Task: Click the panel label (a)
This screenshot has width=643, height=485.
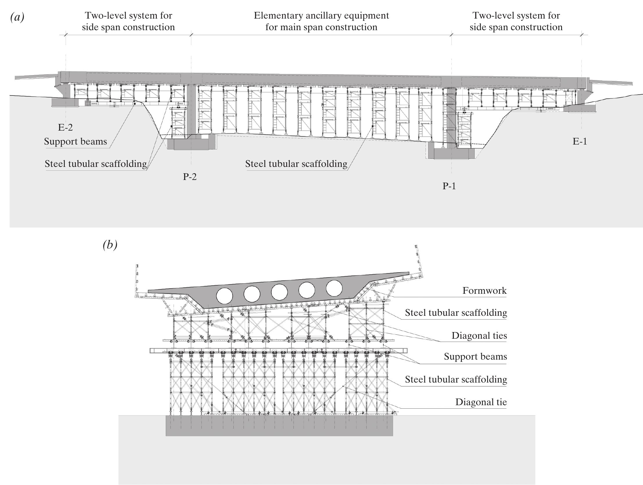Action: pyautogui.click(x=17, y=17)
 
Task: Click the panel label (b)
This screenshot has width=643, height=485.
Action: pyautogui.click(x=110, y=245)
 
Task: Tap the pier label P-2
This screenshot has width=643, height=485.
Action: pyautogui.click(x=190, y=176)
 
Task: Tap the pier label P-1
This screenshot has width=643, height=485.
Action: pyautogui.click(x=449, y=186)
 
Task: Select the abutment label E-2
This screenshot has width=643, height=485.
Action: pyautogui.click(x=65, y=127)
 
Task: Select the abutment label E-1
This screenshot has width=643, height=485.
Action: pyautogui.click(x=580, y=141)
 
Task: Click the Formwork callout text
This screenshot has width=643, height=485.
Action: pyautogui.click(x=484, y=290)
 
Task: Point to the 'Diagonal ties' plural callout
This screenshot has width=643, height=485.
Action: pyautogui.click(x=479, y=336)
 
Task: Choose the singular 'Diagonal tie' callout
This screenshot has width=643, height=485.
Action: pyautogui.click(x=481, y=402)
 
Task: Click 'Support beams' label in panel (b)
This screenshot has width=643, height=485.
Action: pyautogui.click(x=475, y=356)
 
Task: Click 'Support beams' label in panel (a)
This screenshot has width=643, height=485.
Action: pyautogui.click(x=75, y=142)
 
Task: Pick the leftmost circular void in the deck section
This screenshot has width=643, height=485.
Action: pyautogui.click(x=224, y=296)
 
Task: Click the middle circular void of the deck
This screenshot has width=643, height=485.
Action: pyautogui.click(x=279, y=292)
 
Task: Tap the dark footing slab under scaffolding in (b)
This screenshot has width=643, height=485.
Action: pyautogui.click(x=279, y=425)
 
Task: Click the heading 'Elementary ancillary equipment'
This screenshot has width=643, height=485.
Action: pyautogui.click(x=321, y=15)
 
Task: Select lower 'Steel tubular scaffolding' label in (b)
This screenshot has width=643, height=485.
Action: pyautogui.click(x=455, y=379)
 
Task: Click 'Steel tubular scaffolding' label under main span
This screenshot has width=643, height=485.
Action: pyautogui.click(x=296, y=164)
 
